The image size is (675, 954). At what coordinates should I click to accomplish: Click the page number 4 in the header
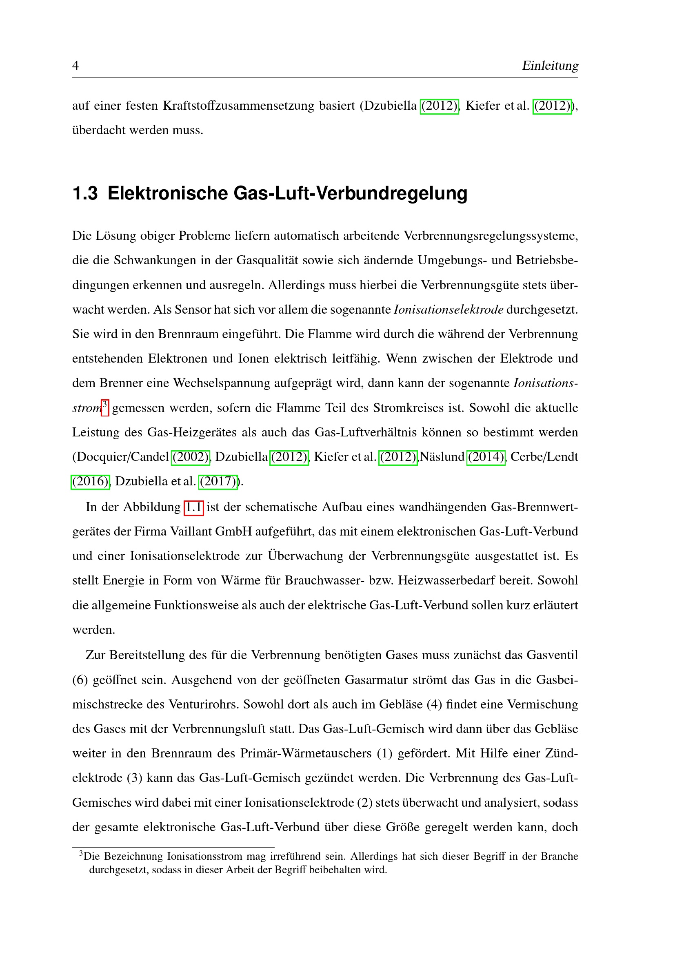pos(75,65)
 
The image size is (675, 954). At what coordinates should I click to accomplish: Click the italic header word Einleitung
pos(550,65)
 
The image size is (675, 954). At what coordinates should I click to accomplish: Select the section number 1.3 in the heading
pos(85,193)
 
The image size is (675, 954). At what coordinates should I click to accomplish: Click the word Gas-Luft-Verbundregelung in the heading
pos(350,193)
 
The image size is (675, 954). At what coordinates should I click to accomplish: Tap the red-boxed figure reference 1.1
pos(194,507)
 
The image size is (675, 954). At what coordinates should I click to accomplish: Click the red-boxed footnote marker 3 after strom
pos(105,406)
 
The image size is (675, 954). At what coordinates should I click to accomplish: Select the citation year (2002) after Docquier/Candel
pos(191,457)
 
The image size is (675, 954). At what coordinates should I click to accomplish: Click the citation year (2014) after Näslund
pos(486,457)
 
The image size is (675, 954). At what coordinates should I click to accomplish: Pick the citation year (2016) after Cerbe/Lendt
pos(90,482)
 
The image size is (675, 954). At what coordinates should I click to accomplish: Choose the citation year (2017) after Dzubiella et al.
pos(219,482)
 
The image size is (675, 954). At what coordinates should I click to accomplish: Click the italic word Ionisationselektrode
pos(449,310)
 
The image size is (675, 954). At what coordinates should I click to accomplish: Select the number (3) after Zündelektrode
pos(135,778)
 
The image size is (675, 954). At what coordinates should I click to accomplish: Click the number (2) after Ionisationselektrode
pos(364,802)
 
